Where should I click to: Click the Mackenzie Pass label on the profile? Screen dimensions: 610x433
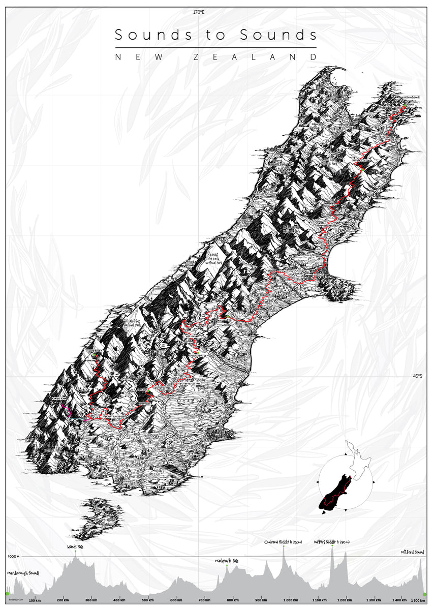tap(227, 561)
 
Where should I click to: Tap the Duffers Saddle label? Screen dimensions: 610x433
tap(331, 542)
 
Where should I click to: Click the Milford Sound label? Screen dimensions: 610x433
tap(412, 552)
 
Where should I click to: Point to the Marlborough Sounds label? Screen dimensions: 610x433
tap(23, 573)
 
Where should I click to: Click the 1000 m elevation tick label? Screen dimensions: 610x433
tap(13, 557)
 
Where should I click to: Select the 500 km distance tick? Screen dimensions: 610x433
tap(148, 600)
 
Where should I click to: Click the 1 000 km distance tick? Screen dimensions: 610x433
tap(290, 600)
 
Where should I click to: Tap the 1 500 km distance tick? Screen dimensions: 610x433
tap(417, 600)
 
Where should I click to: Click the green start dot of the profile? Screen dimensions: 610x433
tap(7, 593)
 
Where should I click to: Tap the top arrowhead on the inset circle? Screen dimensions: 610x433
tap(346, 452)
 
